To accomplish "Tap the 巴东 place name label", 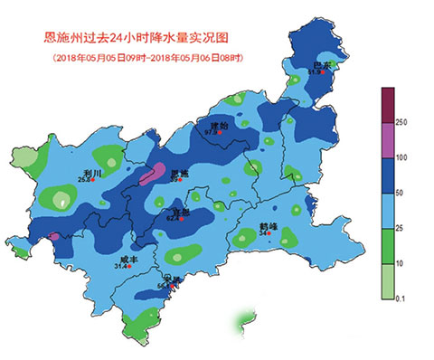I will click(x=322, y=65).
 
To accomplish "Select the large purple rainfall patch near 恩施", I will click(x=156, y=173).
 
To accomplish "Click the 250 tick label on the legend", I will click(x=402, y=122).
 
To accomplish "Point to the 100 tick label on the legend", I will click(x=402, y=157).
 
